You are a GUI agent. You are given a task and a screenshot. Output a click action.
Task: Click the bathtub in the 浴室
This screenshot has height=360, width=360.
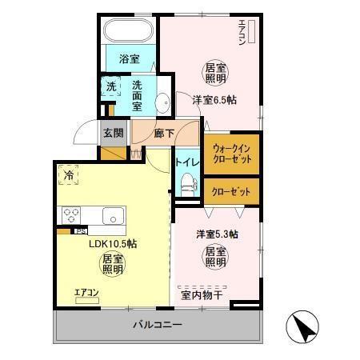click(127, 32)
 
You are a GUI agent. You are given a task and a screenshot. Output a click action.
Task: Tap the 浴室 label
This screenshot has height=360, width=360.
click(130, 59)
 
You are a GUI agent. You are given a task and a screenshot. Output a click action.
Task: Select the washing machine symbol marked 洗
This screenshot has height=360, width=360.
click(110, 86)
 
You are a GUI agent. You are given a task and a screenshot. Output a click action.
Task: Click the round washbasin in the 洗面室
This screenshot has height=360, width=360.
click(162, 102)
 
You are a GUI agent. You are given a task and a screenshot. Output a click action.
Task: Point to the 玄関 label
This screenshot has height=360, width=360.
click(113, 133)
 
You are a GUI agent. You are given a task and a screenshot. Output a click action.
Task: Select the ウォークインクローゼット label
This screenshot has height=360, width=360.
click(232, 154)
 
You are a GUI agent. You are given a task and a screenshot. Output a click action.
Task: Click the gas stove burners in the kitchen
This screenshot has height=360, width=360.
click(70, 214)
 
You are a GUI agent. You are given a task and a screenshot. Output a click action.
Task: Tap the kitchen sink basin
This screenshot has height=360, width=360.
click(112, 215)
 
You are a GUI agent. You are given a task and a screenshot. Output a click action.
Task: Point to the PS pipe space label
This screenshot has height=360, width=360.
click(81, 232)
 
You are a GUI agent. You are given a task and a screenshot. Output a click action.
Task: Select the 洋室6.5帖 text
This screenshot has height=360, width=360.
click(214, 100)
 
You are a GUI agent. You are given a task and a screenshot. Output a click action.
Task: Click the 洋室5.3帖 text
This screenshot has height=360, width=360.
click(218, 235)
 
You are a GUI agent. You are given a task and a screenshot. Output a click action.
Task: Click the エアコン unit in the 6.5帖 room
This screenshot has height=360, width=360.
click(250, 32)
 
